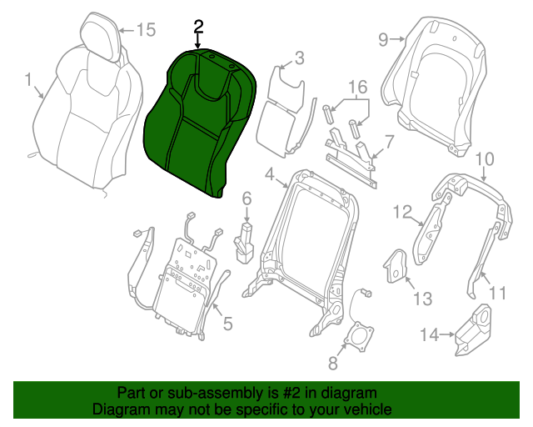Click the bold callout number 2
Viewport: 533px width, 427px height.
198,27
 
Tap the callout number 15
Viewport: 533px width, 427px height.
147,30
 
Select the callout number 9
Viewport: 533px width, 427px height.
383,40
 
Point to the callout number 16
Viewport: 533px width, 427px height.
358,87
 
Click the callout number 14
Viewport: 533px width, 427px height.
430,334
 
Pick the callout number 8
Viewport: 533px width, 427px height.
333,364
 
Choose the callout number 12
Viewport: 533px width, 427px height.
402,212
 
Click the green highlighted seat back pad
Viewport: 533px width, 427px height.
201,123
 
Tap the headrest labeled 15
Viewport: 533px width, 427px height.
101,37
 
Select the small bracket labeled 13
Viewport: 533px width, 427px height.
396,267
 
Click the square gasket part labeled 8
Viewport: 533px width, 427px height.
359,335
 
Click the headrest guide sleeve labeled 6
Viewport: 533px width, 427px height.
244,243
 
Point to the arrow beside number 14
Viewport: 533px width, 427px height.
447,334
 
